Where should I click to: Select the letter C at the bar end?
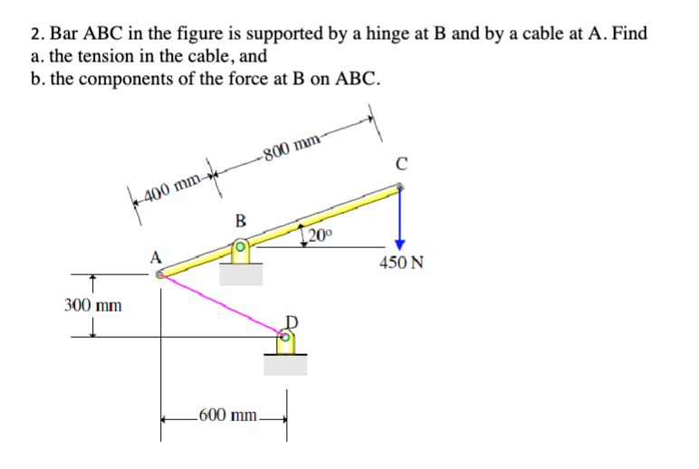[400, 164]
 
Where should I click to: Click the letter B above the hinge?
[239, 218]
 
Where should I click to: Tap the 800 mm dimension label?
[292, 144]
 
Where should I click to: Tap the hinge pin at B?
[240, 245]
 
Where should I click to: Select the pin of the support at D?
[284, 338]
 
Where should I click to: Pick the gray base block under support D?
[285, 364]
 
